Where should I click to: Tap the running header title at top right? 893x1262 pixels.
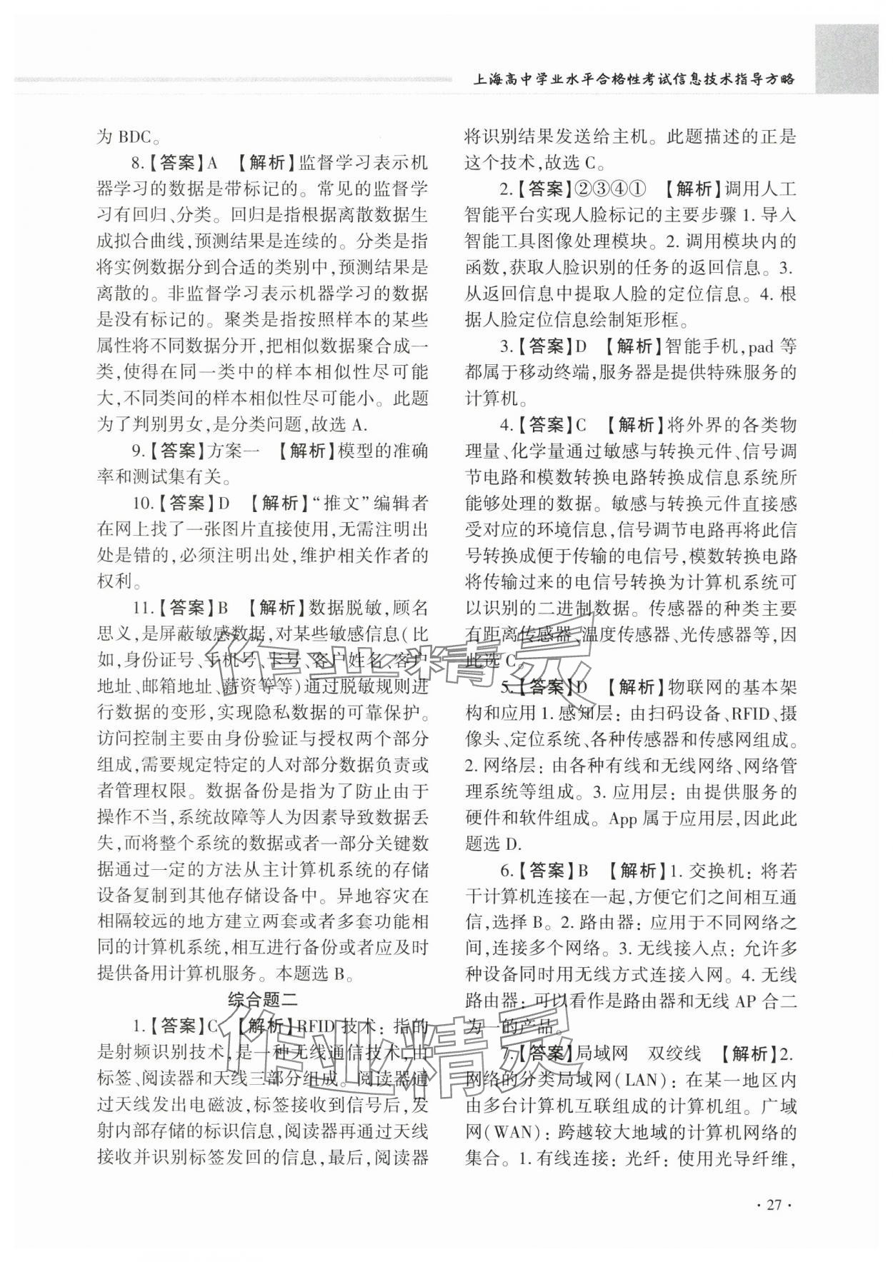tap(634, 79)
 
